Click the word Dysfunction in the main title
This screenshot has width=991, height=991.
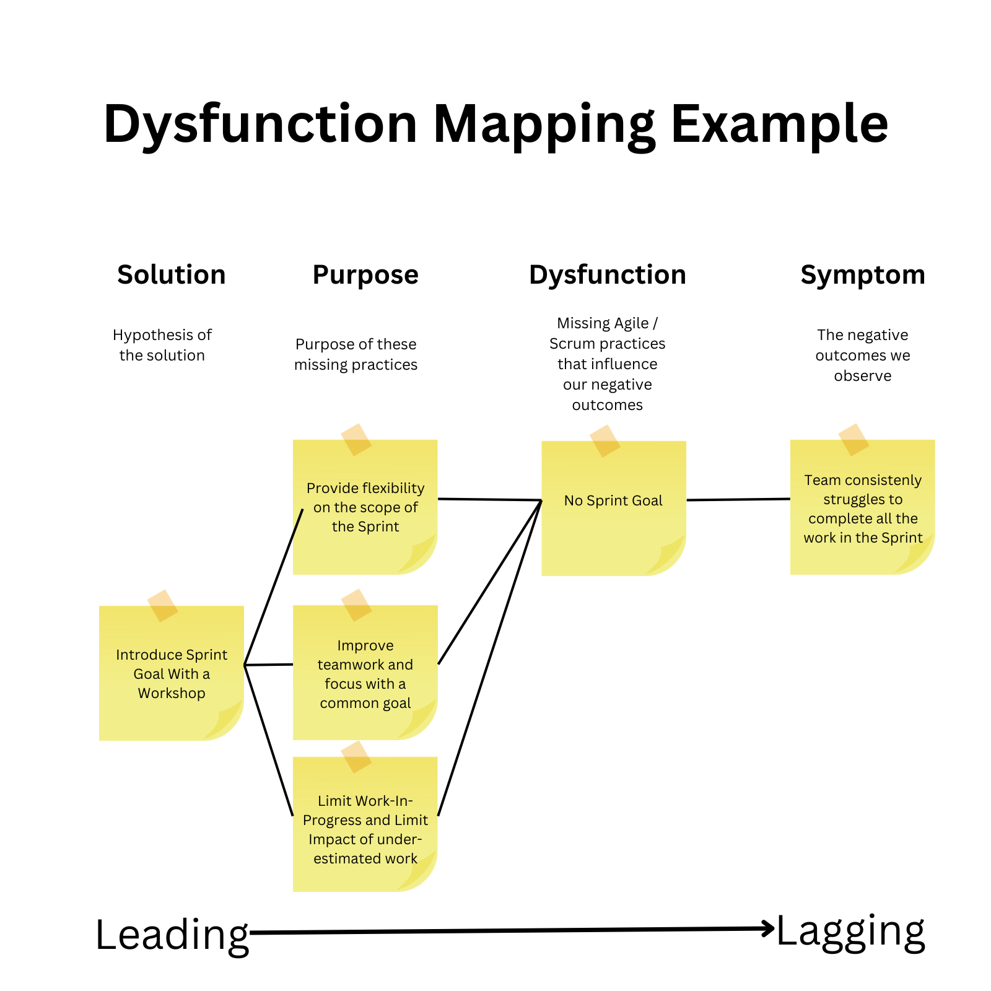tap(260, 124)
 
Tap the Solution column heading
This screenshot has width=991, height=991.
tap(172, 274)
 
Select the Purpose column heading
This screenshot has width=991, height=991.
tap(365, 274)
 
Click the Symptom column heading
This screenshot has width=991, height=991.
tap(863, 274)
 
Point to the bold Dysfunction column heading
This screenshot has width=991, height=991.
tap(607, 274)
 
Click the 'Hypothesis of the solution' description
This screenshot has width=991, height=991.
tap(162, 345)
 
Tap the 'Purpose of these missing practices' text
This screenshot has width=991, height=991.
tap(356, 354)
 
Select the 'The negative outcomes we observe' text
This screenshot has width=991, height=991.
tap(863, 355)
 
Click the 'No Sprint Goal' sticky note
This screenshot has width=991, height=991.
tap(613, 508)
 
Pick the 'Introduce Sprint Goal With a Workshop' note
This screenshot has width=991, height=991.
tap(172, 673)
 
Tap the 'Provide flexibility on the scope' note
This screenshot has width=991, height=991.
tap(365, 507)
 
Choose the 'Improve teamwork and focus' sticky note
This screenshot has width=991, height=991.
tap(365, 673)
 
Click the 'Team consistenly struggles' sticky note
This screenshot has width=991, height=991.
tap(862, 508)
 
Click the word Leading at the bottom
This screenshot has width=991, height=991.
tap(172, 935)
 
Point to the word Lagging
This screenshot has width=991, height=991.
tap(850, 931)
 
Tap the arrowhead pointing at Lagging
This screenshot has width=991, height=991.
tap(769, 928)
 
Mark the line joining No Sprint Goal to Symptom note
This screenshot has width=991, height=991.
tap(738, 499)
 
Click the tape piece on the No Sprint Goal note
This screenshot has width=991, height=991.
tap(605, 441)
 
